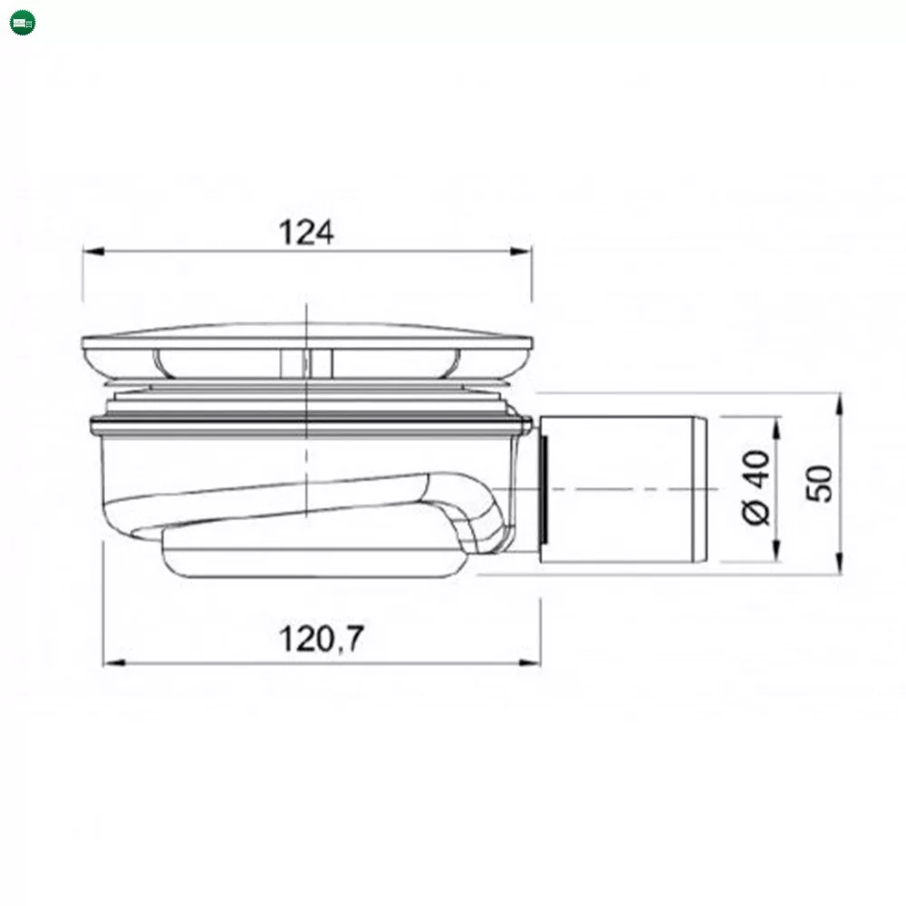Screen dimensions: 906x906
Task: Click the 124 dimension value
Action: click(x=306, y=232)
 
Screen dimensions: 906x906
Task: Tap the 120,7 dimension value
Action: click(x=322, y=639)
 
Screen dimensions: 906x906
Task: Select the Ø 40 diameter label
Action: click(x=757, y=487)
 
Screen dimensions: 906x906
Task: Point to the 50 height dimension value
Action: click(x=819, y=483)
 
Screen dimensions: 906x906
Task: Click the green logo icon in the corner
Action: click(x=23, y=23)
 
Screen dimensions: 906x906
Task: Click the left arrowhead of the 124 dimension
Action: click(x=93, y=251)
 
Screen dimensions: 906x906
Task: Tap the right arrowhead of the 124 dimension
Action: click(x=521, y=251)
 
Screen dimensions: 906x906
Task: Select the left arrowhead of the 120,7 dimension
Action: click(x=114, y=663)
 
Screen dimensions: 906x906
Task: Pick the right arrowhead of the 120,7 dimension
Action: click(x=530, y=663)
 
